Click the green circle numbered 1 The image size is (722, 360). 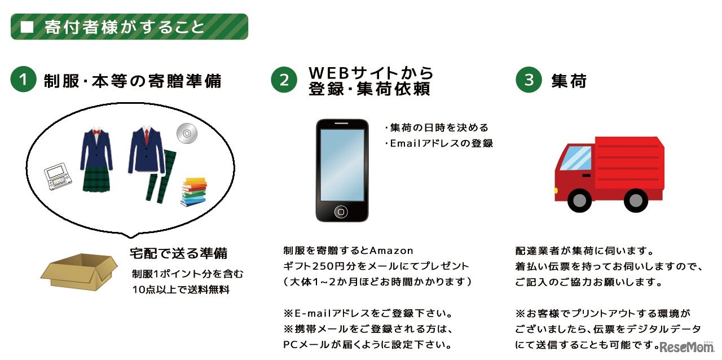click(23, 80)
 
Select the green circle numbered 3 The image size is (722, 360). click(529, 80)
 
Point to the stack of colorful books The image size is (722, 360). click(193, 191)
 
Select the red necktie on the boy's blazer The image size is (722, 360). click(147, 136)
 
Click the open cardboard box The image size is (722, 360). click(78, 272)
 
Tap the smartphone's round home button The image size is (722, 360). click(341, 212)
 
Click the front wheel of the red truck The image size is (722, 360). click(578, 200)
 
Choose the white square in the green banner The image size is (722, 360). click(27, 27)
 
